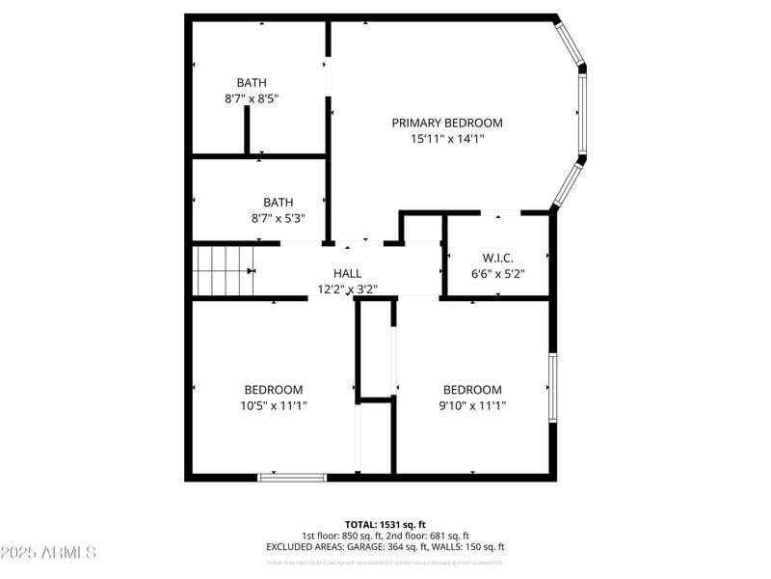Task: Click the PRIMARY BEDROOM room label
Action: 446,123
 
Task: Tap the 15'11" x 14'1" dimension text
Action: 446,139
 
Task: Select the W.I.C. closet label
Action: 497,258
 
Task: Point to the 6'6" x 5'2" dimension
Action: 497,274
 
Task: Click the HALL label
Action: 347,273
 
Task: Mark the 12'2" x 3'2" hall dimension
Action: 347,289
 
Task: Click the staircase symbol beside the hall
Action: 223,270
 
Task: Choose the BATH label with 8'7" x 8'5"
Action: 252,83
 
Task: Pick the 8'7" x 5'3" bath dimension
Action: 278,219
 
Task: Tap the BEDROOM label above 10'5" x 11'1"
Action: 274,390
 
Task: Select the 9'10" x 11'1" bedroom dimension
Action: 472,406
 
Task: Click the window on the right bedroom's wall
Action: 553,388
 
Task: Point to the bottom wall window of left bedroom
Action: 293,477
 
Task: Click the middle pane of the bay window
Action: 582,112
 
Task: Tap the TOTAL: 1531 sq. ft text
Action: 385,524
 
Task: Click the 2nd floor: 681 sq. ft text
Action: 427,536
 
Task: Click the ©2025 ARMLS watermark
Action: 48,553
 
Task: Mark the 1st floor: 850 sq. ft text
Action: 342,536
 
